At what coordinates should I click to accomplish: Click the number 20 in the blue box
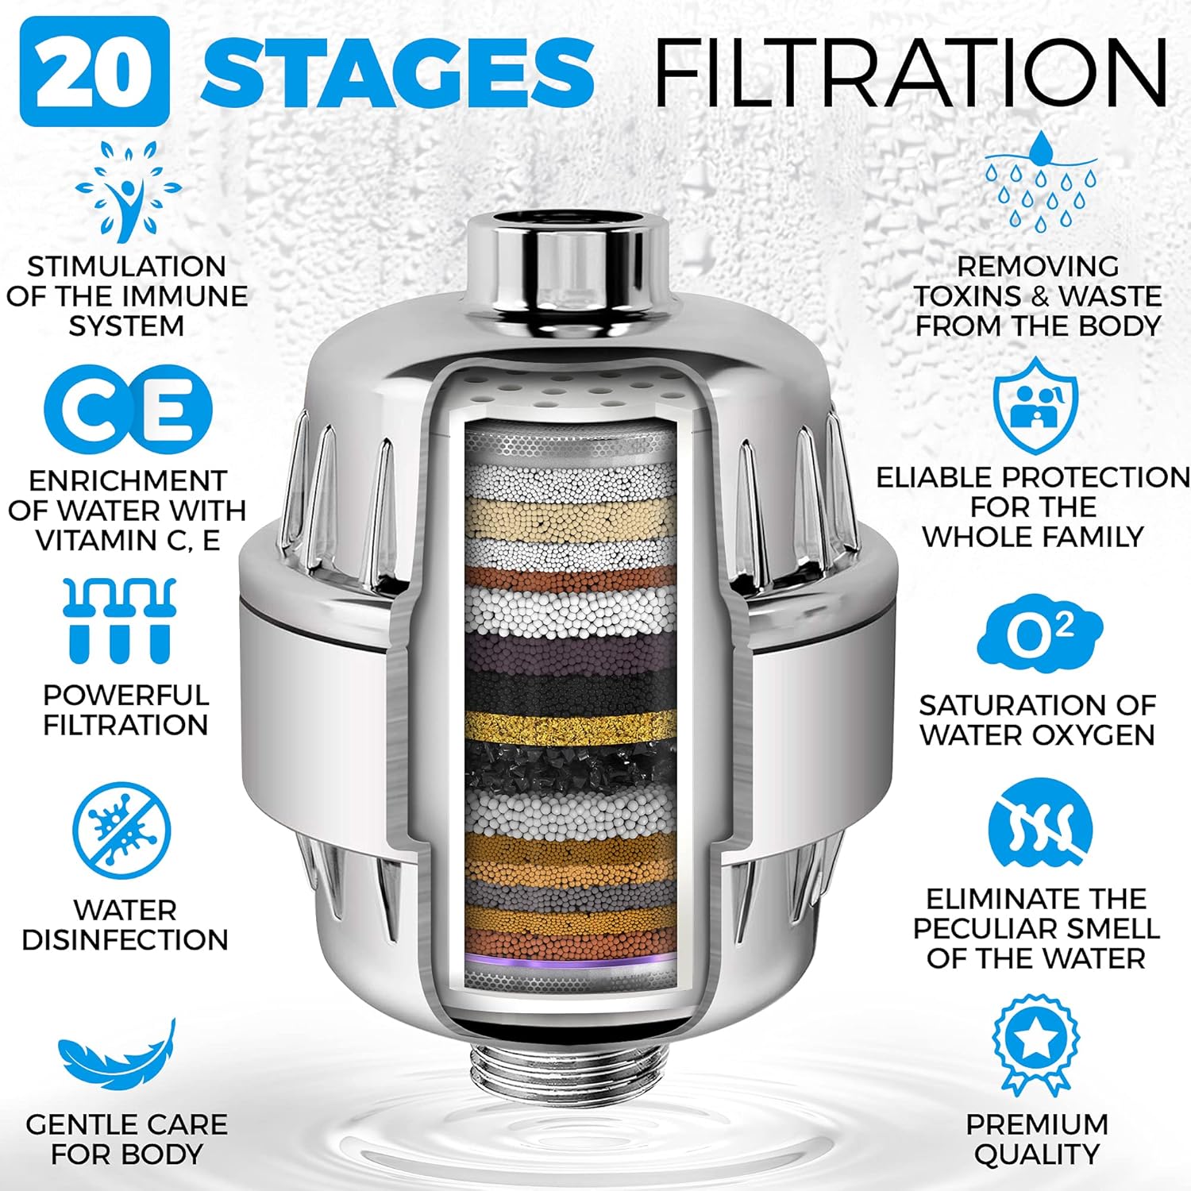[94, 71]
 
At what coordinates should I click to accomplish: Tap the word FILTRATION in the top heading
[910, 71]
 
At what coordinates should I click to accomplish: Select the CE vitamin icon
[128, 410]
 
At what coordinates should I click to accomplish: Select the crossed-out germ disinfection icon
[121, 831]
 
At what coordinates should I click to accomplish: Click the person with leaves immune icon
[128, 191]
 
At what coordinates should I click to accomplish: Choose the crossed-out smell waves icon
[1039, 831]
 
